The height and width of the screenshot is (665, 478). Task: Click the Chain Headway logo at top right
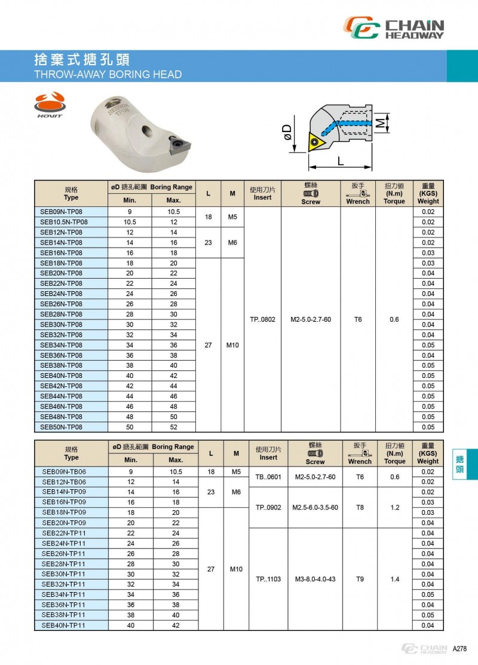tap(395, 28)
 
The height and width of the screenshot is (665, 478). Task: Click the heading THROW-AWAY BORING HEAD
tap(108, 75)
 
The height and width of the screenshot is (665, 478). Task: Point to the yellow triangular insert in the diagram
tap(315, 142)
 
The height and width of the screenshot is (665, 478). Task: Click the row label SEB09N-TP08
tap(61, 212)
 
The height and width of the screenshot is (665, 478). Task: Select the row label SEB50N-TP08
tap(61, 427)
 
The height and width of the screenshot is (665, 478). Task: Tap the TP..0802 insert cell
tap(262, 319)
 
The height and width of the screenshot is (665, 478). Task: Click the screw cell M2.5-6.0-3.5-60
tap(315, 508)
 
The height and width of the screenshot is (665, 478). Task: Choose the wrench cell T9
tap(360, 579)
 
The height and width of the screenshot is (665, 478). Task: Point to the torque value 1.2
tap(395, 508)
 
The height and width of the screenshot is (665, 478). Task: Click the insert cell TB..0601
tap(268, 477)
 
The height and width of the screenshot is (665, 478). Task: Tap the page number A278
tap(459, 649)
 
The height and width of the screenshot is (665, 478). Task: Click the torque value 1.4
tap(395, 579)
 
